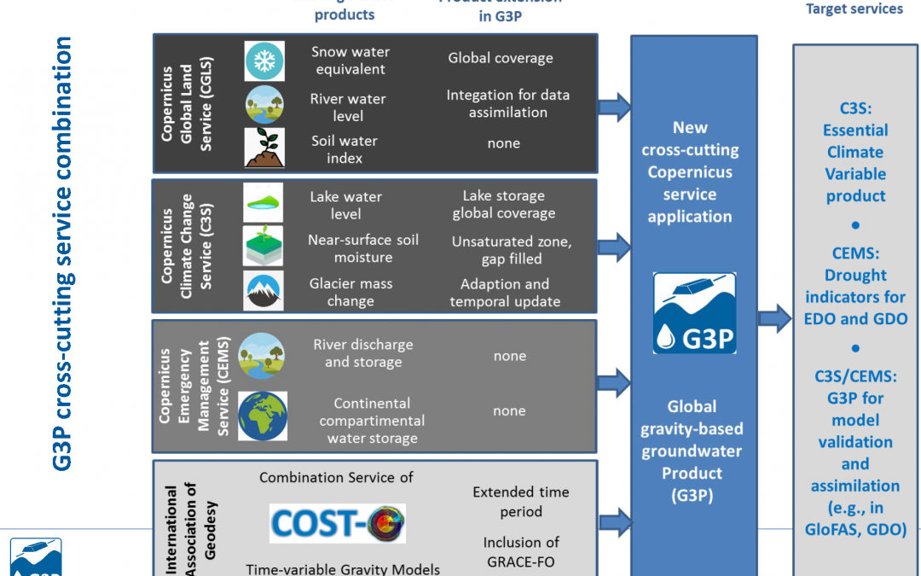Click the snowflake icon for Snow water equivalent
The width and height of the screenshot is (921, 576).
click(x=264, y=61)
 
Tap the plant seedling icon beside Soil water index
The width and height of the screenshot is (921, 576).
click(x=264, y=148)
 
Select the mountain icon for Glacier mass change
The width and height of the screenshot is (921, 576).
click(x=264, y=291)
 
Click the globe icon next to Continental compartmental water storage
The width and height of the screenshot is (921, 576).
click(x=262, y=416)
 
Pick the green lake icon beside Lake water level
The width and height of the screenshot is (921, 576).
click(x=264, y=203)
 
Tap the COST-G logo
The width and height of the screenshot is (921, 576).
click(x=338, y=523)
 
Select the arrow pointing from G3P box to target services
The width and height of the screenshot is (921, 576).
click(x=774, y=319)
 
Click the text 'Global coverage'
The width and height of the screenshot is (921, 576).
click(x=501, y=58)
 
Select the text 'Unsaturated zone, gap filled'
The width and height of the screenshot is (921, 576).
click(x=511, y=250)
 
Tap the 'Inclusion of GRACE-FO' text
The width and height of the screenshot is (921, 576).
click(x=520, y=552)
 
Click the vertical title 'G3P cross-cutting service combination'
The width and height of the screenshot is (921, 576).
click(x=62, y=253)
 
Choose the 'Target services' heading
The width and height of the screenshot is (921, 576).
click(x=854, y=9)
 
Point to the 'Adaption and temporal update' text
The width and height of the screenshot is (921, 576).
click(x=505, y=292)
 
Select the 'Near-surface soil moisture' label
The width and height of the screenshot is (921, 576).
click(x=362, y=248)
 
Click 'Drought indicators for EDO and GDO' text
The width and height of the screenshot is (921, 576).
click(x=855, y=297)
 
